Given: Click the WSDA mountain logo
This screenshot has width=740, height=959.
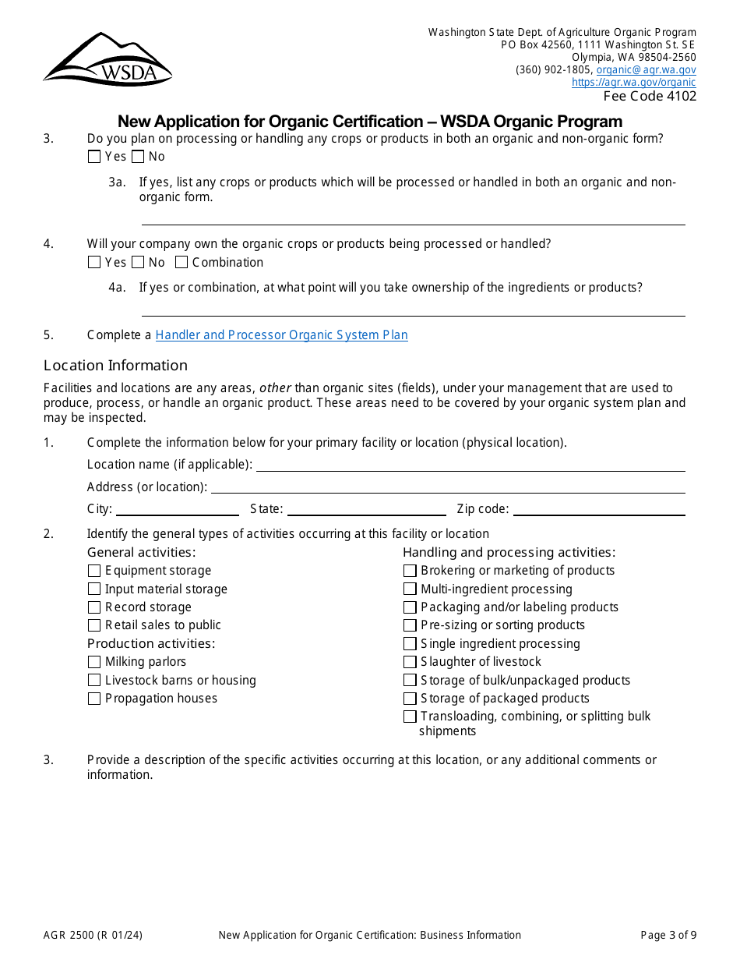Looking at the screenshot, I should click(x=107, y=60).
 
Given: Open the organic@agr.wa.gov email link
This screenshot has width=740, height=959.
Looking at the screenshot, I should click(x=646, y=69).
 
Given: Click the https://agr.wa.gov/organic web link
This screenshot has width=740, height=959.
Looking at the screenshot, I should click(x=633, y=82).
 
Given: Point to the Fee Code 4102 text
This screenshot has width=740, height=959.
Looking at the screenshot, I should click(x=650, y=96).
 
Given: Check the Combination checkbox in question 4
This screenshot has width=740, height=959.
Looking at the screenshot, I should click(x=181, y=263).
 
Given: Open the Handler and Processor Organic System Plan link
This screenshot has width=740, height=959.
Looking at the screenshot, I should click(x=281, y=335).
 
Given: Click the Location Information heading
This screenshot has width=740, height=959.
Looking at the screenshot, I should click(x=115, y=366).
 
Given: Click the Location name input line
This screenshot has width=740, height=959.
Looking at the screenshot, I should click(x=470, y=465).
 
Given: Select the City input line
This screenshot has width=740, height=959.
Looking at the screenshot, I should click(x=177, y=509).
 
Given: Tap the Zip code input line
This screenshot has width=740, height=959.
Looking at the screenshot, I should click(x=598, y=509).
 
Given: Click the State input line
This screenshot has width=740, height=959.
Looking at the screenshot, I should click(x=366, y=509).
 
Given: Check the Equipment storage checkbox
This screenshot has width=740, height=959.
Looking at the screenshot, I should click(x=94, y=571).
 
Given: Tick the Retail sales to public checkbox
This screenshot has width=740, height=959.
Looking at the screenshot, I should click(x=94, y=625).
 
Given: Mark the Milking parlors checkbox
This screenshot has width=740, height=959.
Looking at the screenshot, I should click(x=94, y=662).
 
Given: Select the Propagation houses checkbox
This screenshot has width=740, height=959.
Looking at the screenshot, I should click(x=94, y=699).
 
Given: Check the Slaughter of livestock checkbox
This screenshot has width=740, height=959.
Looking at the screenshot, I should click(x=410, y=662).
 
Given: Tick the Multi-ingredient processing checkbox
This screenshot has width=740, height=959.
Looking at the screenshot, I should click(x=410, y=589).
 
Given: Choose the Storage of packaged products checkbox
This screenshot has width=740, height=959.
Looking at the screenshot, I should click(x=410, y=699).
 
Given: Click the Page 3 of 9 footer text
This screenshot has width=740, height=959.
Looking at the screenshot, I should click(x=668, y=936).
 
